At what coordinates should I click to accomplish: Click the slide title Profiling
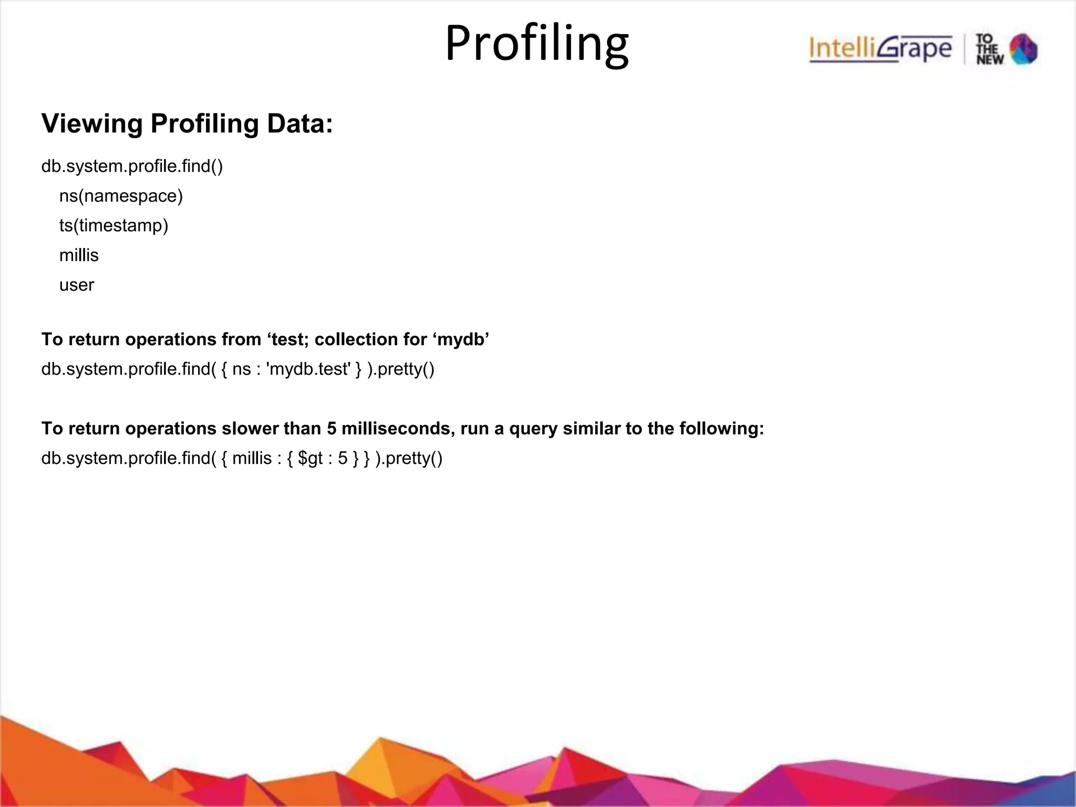536,44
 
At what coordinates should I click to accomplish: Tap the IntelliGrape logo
880,49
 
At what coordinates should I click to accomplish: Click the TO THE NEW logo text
990,49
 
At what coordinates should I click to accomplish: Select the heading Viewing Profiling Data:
187,124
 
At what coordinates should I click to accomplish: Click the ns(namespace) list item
121,196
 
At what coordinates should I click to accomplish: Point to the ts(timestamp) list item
113,225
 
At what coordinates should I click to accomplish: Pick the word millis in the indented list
79,255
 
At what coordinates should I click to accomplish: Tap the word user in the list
77,285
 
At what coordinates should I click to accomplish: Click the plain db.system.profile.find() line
132,167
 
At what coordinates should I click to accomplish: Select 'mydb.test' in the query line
308,369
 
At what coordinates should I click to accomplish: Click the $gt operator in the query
310,459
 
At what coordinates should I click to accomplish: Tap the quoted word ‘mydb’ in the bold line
461,339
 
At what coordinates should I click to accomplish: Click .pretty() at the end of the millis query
409,459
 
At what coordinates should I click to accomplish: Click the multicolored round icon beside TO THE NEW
1023,49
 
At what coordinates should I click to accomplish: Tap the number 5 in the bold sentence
332,429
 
